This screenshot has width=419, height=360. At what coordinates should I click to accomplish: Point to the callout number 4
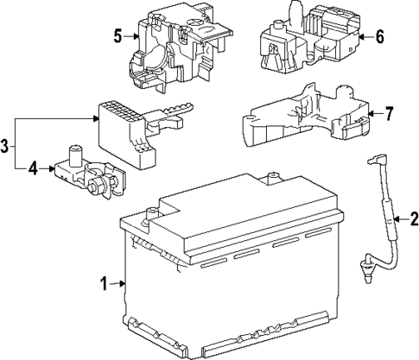pyautogui.click(x=32, y=168)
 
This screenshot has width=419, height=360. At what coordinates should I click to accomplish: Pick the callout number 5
pyautogui.click(x=117, y=36)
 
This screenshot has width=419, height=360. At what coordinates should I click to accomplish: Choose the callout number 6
pyautogui.click(x=378, y=37)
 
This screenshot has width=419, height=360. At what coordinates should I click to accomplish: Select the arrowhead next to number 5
pyautogui.click(x=136, y=36)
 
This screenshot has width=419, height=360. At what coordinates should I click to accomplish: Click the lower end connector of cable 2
pyautogui.click(x=365, y=277)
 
